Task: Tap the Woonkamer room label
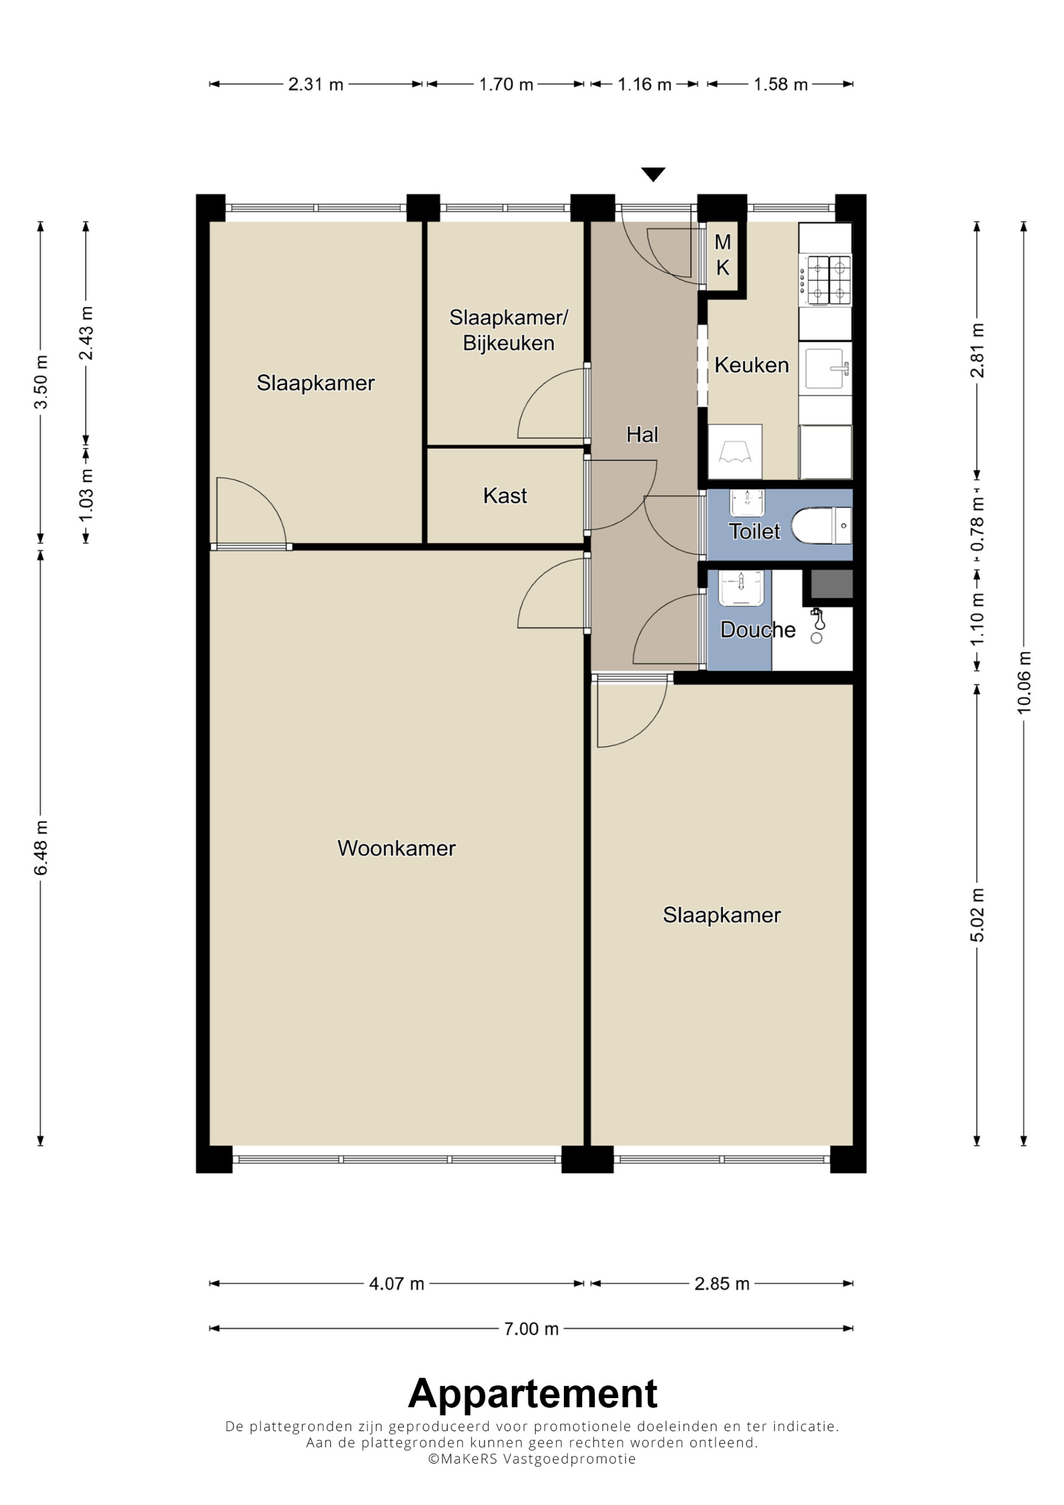click(397, 848)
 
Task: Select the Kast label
click(505, 496)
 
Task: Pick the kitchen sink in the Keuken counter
click(827, 369)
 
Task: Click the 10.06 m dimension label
click(1024, 682)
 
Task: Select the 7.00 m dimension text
click(531, 1328)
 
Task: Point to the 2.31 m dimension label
click(315, 85)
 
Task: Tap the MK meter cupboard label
click(722, 255)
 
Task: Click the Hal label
click(642, 434)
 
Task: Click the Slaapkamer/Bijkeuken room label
click(509, 330)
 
